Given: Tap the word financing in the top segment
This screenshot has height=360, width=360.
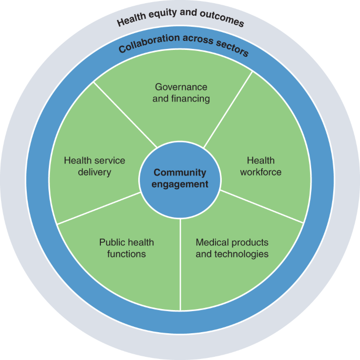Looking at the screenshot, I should point(192,98).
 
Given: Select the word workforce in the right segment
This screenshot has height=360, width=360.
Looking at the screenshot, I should point(261,172).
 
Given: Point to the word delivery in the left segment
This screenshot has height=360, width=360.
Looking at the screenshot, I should point(95,172).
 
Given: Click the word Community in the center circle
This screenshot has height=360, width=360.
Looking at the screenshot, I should point(180,172).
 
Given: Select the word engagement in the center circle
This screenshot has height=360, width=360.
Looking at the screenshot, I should point(180,184).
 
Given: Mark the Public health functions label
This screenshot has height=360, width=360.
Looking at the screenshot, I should point(127,248).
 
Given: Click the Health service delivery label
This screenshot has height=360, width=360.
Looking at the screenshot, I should point(95,166).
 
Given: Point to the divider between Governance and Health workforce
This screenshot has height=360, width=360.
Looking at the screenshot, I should point(228,108).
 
